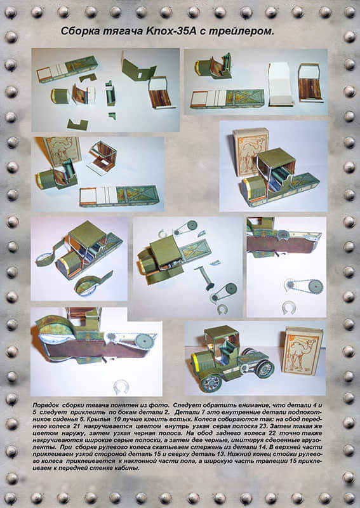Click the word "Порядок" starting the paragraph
pos(44,405)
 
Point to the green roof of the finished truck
pos(222,331)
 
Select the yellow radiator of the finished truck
pos(196,362)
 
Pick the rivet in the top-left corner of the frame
pos(11,12)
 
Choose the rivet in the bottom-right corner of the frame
pos(349,498)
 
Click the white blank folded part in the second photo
pos(281,84)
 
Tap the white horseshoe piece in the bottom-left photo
pos(121,387)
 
